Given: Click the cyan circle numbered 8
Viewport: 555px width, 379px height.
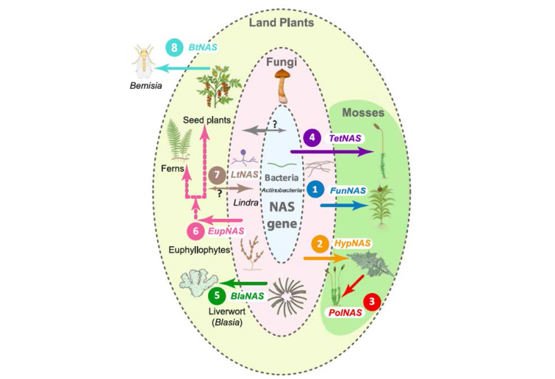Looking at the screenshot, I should (173, 48).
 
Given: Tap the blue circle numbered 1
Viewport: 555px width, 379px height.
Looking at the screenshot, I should (316, 188).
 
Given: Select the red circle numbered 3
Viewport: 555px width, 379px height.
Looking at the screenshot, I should (374, 301).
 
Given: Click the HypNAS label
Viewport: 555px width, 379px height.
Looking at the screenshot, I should (351, 244).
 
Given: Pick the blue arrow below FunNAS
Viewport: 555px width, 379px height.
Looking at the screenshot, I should (344, 205).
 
